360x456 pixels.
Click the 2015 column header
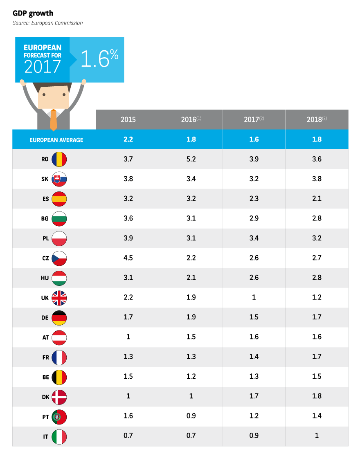[x=128, y=119]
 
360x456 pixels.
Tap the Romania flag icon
[x=59, y=159]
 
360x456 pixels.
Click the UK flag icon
[x=59, y=298]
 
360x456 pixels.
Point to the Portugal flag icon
[x=59, y=417]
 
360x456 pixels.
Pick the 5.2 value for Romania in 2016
[x=191, y=159]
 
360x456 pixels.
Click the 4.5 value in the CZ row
[x=128, y=258]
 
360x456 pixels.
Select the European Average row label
[x=56, y=140]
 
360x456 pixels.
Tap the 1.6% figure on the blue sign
[x=99, y=59]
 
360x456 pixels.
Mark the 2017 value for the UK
[x=254, y=298]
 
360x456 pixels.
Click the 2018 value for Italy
[x=317, y=436]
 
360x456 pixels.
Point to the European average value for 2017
[x=254, y=139]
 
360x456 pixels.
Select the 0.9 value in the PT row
[x=191, y=416]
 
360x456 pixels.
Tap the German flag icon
[x=59, y=318]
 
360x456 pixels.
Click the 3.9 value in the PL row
[x=128, y=238]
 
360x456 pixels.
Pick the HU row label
[x=45, y=278]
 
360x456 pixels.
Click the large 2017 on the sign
[x=43, y=67]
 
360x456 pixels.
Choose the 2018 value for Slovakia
[x=317, y=179]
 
